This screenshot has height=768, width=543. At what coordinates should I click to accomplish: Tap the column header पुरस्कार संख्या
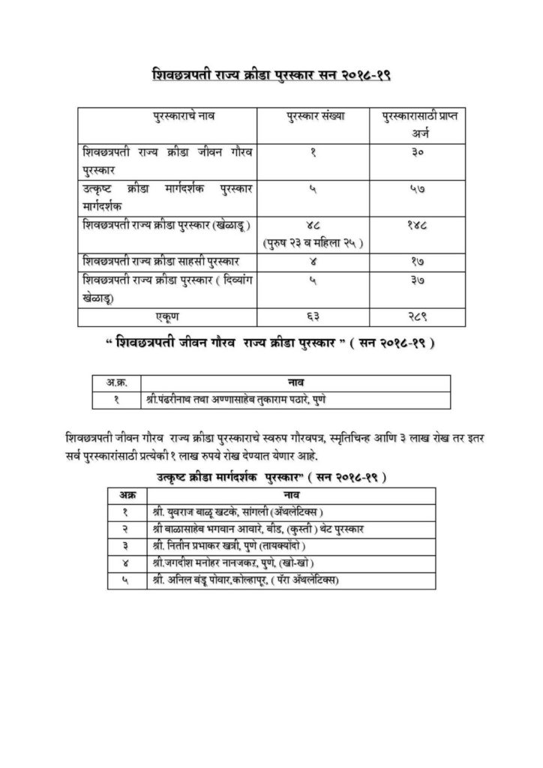tap(315, 119)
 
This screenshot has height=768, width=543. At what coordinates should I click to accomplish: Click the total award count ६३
tap(314, 318)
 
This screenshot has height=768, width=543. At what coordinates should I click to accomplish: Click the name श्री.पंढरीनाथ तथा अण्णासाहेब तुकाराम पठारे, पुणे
tap(240, 400)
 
